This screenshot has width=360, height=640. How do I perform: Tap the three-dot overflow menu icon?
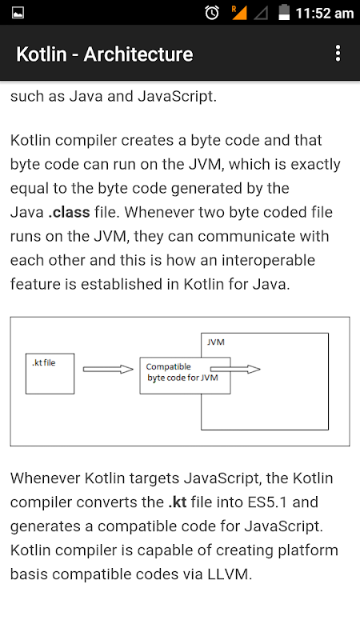click(x=338, y=54)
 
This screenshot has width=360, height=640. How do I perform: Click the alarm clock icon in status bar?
click(x=212, y=13)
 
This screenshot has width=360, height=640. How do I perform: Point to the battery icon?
click(x=284, y=12)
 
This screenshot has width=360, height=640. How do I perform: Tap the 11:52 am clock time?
click(x=325, y=14)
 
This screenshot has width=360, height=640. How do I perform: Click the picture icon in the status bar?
click(x=18, y=13)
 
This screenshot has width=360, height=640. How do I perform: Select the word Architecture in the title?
click(x=138, y=54)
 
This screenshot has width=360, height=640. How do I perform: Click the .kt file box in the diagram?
click(x=50, y=374)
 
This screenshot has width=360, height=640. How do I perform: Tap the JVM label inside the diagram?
click(x=215, y=342)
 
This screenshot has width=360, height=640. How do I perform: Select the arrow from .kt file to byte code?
click(x=108, y=370)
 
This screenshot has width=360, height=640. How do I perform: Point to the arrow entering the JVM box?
click(x=235, y=370)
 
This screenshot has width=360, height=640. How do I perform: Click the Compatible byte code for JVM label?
click(x=182, y=372)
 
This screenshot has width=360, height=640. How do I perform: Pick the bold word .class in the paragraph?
click(x=69, y=212)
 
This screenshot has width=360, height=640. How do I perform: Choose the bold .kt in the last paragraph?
click(x=178, y=502)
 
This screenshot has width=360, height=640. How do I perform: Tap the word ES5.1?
click(x=267, y=502)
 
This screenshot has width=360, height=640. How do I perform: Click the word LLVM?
click(x=230, y=574)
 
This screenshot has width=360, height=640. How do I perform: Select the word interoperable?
click(x=268, y=261)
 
